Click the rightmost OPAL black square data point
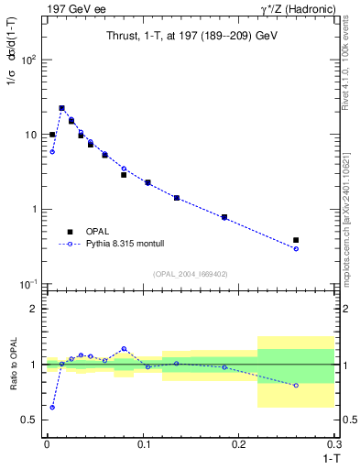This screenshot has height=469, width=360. (x=296, y=240)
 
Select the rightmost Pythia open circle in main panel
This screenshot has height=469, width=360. (x=296, y=249)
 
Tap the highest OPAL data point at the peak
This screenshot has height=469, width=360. (x=61, y=108)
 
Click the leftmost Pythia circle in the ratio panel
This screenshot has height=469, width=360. (x=52, y=407)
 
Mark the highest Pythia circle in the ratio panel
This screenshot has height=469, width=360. (x=124, y=348)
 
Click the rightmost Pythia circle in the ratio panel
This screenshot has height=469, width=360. (x=296, y=386)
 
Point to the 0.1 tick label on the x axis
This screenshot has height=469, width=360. (x=142, y=444)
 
